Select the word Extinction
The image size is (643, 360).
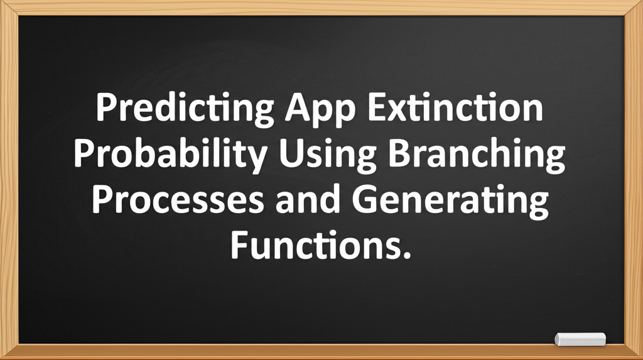(x=455, y=107)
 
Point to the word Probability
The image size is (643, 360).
(x=171, y=155)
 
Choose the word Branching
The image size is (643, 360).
(x=477, y=155)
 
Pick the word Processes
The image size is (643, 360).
(x=178, y=199)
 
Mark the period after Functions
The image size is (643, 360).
(x=407, y=255)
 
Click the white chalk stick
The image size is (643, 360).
(x=580, y=339)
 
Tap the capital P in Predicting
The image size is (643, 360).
(x=107, y=107)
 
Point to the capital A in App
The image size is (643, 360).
(x=300, y=107)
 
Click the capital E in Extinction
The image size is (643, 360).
(x=377, y=107)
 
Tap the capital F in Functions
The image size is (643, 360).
(x=239, y=245)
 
